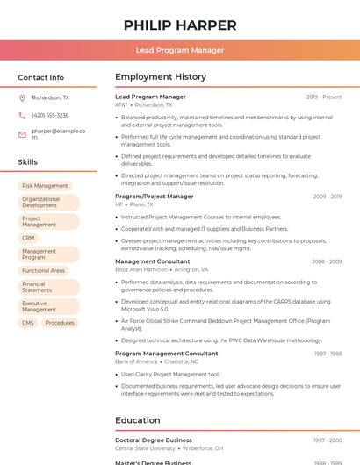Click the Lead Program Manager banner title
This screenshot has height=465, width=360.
coord(179,50)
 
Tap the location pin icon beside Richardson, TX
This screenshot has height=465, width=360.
coord(22,98)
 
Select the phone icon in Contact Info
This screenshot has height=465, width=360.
coord(22,115)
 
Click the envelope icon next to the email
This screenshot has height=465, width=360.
coord(22,134)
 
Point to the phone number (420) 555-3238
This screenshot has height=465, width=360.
coord(50,115)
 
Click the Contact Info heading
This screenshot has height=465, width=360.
coord(41,77)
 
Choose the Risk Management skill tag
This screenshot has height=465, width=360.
coord(45,186)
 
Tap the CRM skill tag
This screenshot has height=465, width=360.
coord(28,238)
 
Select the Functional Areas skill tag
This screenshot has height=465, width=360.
coord(44,271)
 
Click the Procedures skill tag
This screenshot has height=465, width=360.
coord(60,323)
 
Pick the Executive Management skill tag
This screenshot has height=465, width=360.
coord(40,306)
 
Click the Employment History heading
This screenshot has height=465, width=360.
coord(161,77)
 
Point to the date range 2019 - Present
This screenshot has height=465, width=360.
coord(324,97)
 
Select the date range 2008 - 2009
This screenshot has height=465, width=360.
coord(327,261)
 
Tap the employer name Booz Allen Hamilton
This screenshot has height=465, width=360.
coord(141,269)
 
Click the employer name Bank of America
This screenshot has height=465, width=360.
coord(136,361)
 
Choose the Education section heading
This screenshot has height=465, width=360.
coord(137,420)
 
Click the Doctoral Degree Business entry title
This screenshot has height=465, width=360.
coord(154,440)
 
